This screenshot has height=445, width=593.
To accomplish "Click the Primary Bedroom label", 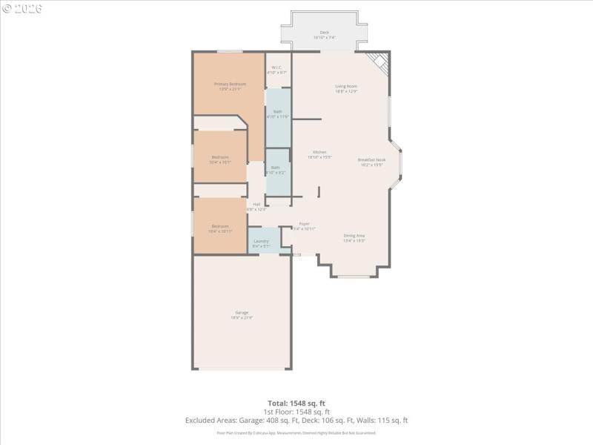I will click(230, 85).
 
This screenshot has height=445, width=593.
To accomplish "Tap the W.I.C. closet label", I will click(277, 67).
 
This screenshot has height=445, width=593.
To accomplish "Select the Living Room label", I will click(346, 87).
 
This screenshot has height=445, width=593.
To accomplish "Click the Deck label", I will click(324, 33).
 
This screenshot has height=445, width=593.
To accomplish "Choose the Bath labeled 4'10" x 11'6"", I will click(277, 112).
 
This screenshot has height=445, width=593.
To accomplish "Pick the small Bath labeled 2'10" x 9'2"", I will click(275, 168).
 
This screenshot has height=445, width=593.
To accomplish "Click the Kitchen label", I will click(319, 153).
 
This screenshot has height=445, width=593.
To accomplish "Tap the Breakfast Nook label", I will click(371, 160).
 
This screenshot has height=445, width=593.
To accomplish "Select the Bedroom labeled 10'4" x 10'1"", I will click(220, 157).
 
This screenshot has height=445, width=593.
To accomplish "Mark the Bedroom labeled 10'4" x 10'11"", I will click(220, 226).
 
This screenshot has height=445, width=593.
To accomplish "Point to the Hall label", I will click(256, 205).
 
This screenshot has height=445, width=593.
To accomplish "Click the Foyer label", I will click(304, 224).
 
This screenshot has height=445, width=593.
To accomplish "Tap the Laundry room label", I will click(261, 241).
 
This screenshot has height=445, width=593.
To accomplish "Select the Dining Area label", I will click(354, 237).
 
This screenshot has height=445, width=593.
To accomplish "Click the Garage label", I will click(242, 313).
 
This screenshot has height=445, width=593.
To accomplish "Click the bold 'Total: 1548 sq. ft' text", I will click(296, 403).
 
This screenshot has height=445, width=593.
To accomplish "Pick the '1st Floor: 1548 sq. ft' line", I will click(296, 412).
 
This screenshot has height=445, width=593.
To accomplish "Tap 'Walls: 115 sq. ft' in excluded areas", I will click(386, 421).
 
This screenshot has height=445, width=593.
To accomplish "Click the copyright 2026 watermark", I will click(22, 8).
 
